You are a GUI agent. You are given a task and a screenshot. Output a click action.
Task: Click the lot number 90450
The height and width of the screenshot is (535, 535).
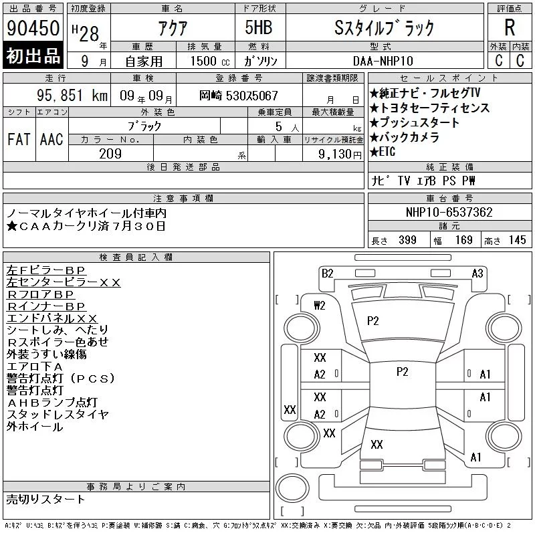point(33,28)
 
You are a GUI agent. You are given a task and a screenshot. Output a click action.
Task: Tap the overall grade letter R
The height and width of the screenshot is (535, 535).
point(510,27)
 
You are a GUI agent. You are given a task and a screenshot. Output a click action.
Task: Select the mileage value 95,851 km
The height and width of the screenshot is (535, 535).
point(72,95)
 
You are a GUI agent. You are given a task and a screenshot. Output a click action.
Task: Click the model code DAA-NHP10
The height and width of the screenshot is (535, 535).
point(383,61)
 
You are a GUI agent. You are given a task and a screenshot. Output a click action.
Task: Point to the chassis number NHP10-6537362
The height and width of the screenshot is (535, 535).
point(449,212)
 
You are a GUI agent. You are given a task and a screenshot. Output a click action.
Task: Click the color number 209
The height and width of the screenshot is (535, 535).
point(110,154)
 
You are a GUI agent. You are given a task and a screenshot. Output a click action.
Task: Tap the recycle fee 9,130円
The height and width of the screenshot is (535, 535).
point(340,154)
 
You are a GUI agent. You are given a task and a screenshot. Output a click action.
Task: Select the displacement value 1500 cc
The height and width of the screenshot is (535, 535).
point(210,61)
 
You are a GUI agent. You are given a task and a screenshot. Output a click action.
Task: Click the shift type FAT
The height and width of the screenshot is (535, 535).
point(19,139)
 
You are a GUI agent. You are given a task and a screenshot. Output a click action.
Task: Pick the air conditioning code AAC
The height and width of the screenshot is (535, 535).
point(51,139)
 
